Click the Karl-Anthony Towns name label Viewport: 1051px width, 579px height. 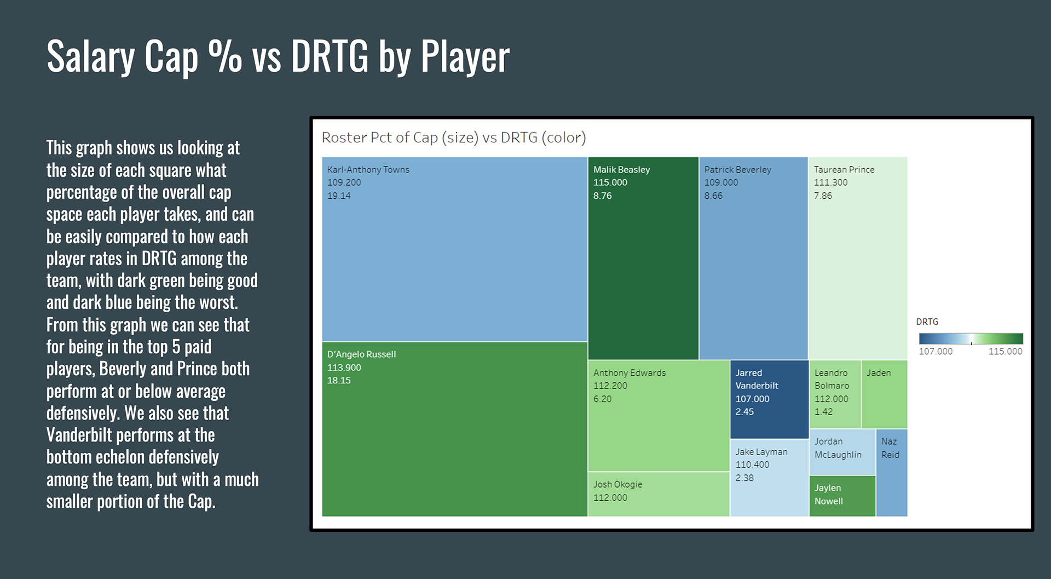coord(368,170)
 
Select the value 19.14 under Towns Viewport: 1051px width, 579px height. coord(339,196)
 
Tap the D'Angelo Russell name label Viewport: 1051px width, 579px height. coord(361,354)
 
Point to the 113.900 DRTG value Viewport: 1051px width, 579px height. coord(344,368)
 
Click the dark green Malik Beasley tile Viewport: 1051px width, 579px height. coord(643,274)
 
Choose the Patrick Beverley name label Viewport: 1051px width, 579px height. coord(737,170)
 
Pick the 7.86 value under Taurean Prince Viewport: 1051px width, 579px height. coord(822,196)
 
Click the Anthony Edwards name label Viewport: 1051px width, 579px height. coord(630,373)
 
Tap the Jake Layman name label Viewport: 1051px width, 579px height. coord(761,452)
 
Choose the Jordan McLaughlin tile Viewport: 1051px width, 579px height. coord(842,452)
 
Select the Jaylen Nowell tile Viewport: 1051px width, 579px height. coord(842,496)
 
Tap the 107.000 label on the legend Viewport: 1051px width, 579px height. coord(935,352)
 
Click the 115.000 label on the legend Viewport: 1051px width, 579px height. coord(1005,352)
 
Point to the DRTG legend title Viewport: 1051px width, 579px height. coord(927,322)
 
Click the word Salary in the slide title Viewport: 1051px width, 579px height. coord(91,56)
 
